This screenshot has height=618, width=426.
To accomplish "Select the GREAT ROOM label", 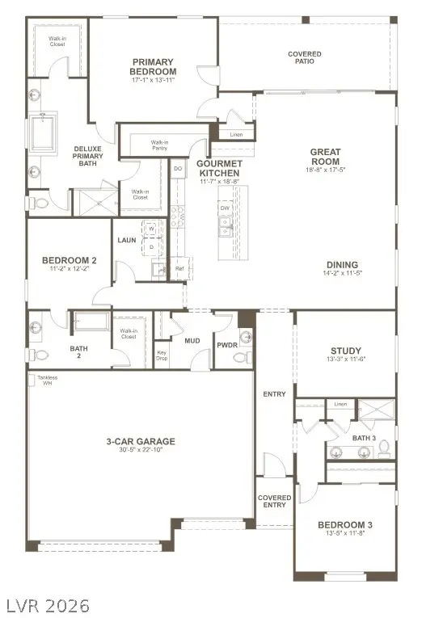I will point(325,157).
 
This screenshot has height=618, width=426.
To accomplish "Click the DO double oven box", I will point(178,168).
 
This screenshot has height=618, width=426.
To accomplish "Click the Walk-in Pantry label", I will point(159,145).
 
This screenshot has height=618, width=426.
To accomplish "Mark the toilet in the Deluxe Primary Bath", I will point(39,204).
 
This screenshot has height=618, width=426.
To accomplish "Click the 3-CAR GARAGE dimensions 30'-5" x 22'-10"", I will point(140,451).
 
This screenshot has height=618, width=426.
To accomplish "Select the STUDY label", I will point(345,351).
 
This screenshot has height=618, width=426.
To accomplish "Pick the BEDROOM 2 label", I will point(69,260).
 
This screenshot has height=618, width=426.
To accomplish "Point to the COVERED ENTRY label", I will point(275,501).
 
